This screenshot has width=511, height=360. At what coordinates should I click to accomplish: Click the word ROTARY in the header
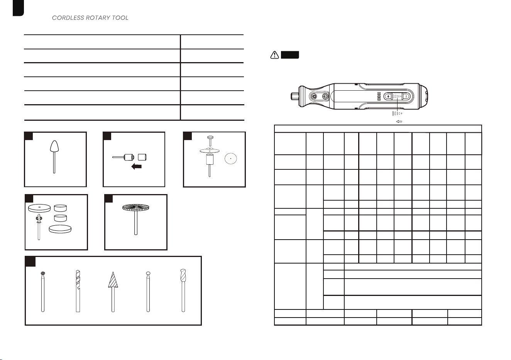pos(98,18)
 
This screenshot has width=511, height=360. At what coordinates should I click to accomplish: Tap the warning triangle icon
pos(274,55)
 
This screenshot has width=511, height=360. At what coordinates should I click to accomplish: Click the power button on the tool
pos(325,96)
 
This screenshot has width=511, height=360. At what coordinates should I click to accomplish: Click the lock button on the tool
pos(314,96)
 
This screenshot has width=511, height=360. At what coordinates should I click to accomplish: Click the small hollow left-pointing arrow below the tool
pos(399,122)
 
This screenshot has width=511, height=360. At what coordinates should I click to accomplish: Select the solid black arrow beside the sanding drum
pos(136,167)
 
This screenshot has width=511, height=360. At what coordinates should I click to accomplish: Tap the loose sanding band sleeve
pos(142,157)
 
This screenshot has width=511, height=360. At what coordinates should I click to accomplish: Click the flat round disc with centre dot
pos(231,159)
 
